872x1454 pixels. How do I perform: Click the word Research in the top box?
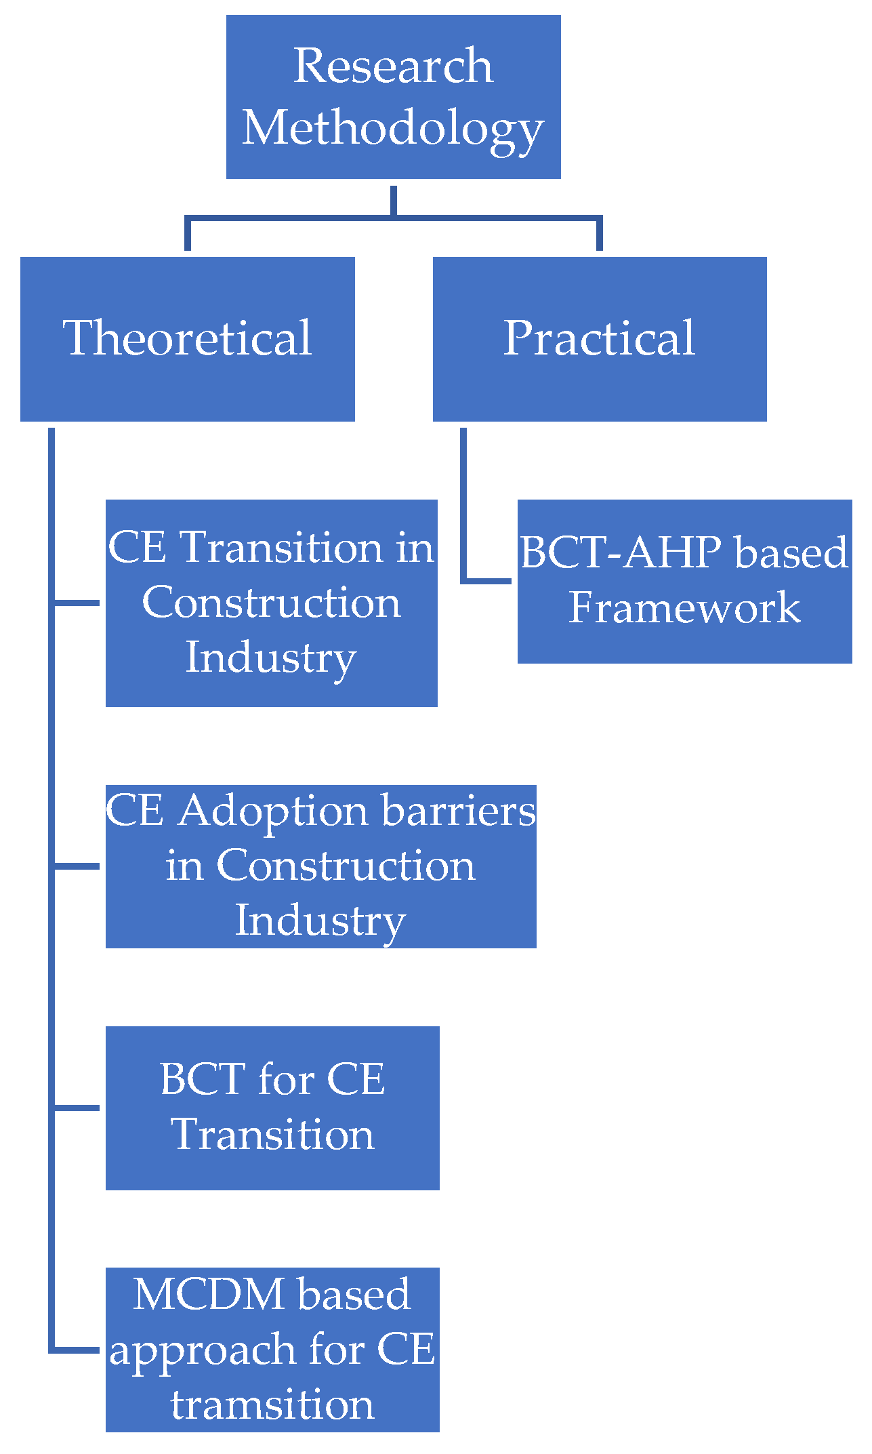tap(393, 66)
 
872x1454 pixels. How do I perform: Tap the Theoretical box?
tap(188, 338)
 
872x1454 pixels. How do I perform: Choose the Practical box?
tap(600, 338)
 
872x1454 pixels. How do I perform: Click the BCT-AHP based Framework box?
tap(684, 581)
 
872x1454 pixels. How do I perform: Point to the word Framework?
tap(684, 607)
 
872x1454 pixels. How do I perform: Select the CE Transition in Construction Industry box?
tap(271, 603)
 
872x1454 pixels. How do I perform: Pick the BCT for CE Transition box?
tap(272, 1107)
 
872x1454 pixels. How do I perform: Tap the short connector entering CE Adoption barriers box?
tap(77, 866)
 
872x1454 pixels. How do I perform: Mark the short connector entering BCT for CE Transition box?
tap(77, 1108)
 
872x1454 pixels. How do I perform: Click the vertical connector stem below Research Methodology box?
tap(393, 200)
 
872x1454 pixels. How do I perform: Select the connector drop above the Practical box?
tap(600, 235)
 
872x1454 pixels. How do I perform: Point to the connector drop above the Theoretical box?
tap(188, 235)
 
